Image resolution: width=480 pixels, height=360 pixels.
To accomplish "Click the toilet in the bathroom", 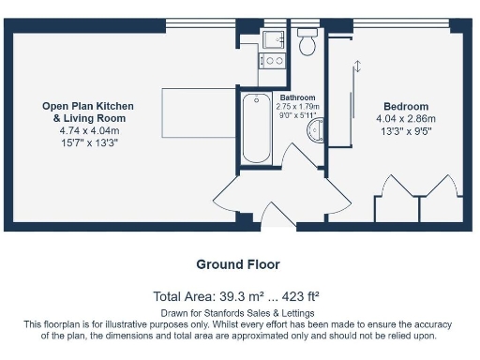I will (x=307, y=44).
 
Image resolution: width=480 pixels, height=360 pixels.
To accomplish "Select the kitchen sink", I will (x=275, y=39).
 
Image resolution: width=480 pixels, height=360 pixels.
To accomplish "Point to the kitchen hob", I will (x=275, y=61).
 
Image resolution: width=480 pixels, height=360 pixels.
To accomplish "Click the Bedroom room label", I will (x=405, y=107).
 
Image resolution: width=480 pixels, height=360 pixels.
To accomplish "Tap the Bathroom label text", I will (x=297, y=97).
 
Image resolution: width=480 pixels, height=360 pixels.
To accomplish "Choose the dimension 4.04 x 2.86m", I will (x=405, y=119).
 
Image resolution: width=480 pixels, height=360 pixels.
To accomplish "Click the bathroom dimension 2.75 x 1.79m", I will (x=297, y=107).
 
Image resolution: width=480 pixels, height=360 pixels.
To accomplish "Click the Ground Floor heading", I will (x=238, y=265).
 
